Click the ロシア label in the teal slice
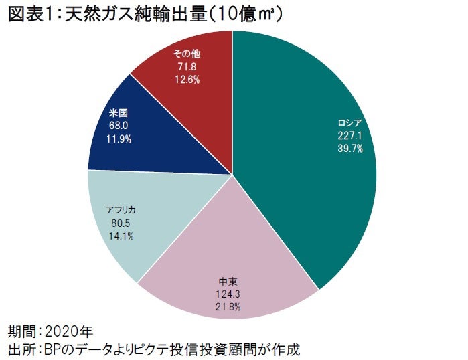point(351,123)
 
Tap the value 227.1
point(351,136)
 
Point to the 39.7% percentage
point(351,149)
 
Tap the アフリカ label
point(121,210)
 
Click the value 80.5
point(121,223)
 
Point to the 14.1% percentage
point(121,236)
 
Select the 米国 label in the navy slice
point(118,113)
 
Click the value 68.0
point(118,126)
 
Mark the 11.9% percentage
point(118,139)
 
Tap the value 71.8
point(187,68)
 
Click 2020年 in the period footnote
point(70,331)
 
